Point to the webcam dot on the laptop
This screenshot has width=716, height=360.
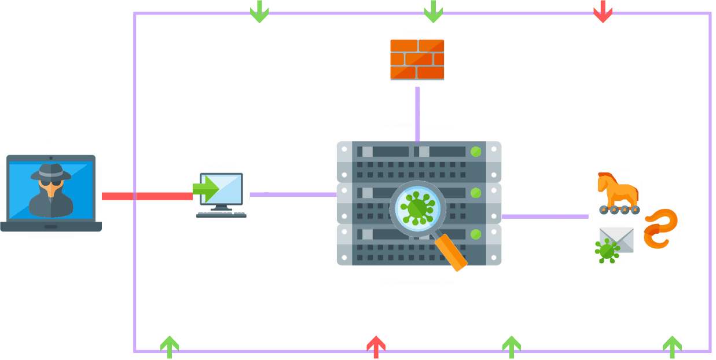[51, 157]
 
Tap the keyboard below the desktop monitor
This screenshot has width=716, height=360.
[221, 215]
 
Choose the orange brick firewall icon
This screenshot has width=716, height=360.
[417, 59]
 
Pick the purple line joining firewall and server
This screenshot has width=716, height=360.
[417, 113]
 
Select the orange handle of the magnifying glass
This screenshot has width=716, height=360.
[452, 252]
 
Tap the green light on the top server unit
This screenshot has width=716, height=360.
[476, 152]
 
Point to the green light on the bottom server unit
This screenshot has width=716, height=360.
[476, 234]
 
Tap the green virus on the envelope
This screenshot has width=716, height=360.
[607, 251]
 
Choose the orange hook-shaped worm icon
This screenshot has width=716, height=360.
[660, 229]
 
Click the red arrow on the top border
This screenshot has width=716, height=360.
[603, 12]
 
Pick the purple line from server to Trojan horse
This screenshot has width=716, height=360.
[544, 216]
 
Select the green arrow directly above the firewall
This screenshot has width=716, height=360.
[433, 12]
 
